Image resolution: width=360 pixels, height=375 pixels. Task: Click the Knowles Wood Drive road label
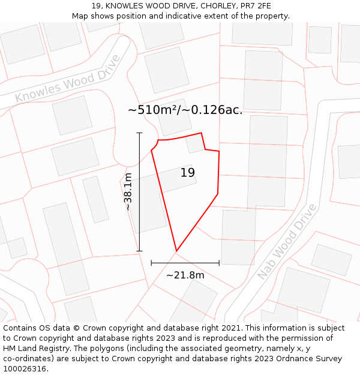(67, 79)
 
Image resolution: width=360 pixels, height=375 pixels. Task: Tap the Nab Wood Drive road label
(286, 241)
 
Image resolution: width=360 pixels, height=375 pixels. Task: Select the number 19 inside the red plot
(188, 173)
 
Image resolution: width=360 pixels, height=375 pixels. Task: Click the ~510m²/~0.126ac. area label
(185, 110)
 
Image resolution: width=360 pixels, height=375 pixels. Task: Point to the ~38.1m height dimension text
(128, 191)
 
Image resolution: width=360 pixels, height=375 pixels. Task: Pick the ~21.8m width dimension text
(185, 275)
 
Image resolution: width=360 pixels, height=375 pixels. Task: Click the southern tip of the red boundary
(176, 251)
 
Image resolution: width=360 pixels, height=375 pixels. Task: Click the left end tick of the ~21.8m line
(151, 263)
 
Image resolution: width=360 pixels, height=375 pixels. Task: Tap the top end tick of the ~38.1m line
(139, 133)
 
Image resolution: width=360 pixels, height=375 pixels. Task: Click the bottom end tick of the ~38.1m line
(139, 251)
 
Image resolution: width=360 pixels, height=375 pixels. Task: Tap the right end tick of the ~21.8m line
(219, 263)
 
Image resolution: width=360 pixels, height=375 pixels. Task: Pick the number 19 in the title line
(96, 6)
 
